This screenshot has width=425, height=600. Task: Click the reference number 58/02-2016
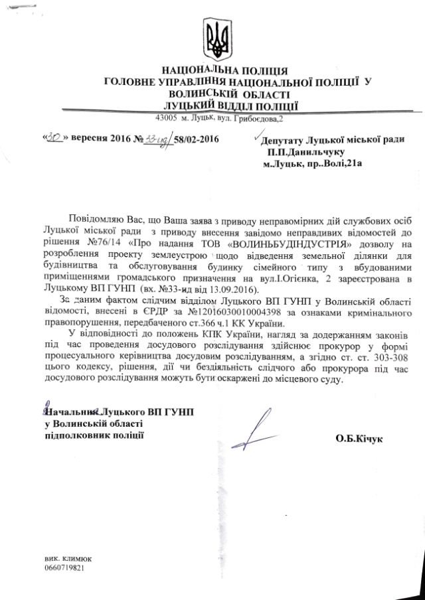point(197,139)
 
